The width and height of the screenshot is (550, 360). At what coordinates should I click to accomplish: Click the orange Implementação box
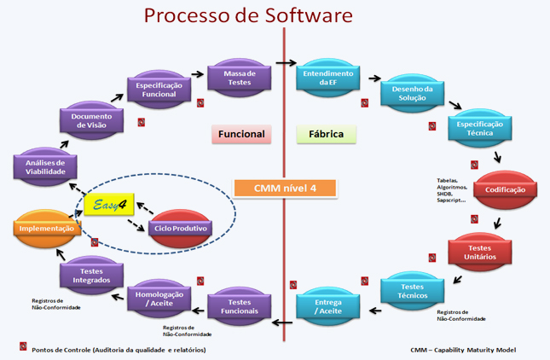(x=48, y=229)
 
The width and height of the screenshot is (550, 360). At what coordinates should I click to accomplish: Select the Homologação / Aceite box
(x=154, y=299)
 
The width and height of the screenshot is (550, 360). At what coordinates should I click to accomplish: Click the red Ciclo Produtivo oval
(x=178, y=229)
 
